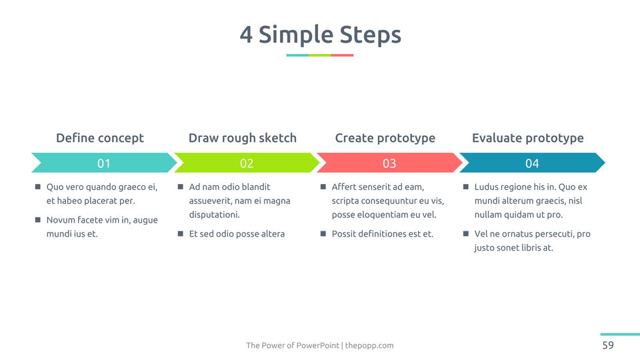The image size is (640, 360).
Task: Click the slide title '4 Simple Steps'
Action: [x=321, y=34]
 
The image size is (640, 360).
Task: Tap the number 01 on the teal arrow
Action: [x=104, y=163]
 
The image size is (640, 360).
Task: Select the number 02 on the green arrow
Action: [x=247, y=163]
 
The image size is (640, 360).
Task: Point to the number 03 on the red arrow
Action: [x=389, y=163]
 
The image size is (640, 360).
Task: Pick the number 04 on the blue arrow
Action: [x=532, y=163]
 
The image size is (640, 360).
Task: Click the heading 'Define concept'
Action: [x=100, y=138]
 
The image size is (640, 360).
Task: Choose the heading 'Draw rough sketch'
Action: [x=243, y=138]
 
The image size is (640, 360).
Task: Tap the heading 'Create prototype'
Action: [x=385, y=138]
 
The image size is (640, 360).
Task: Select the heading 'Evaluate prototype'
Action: [x=528, y=138]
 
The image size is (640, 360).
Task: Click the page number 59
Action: [x=608, y=345]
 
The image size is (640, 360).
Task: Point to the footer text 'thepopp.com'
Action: [x=369, y=345]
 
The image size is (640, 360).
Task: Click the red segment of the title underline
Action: [x=342, y=55]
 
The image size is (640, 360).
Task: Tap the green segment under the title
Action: [x=319, y=55]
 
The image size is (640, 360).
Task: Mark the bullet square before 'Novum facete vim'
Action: [x=38, y=219]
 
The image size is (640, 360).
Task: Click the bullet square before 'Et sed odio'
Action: [x=181, y=233]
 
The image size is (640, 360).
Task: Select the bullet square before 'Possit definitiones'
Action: [x=323, y=233]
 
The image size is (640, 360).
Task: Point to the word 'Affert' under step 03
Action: [x=343, y=187]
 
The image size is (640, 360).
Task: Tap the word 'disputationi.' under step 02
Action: [x=214, y=215]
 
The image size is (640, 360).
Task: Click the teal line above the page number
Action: [x=620, y=334]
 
